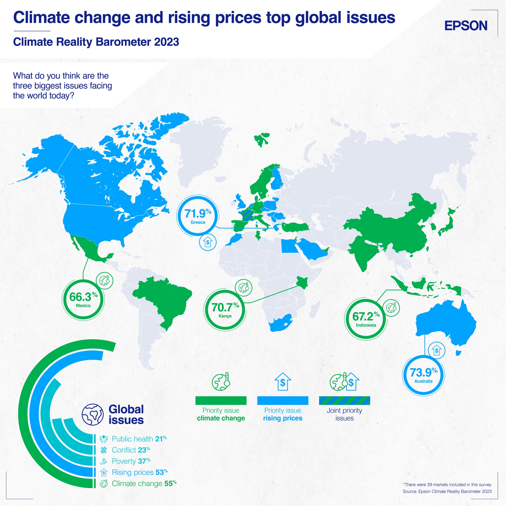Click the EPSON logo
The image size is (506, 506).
466,26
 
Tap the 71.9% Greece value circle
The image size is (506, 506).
198,216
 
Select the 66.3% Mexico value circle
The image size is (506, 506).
83,299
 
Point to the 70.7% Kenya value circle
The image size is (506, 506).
225,310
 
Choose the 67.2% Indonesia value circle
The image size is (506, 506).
366,319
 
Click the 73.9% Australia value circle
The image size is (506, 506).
423,375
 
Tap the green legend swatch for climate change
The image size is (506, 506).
221,400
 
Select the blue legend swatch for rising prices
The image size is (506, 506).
283,400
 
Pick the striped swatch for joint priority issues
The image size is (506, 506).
344,400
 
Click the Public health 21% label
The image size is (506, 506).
139,439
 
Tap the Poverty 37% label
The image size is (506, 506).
131,461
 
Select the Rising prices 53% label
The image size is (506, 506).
140,472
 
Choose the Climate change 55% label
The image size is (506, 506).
144,484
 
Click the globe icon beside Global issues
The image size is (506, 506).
93,415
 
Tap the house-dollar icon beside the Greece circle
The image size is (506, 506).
208,242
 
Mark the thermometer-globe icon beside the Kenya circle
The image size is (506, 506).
244,288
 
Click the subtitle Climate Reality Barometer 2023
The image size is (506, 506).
96,42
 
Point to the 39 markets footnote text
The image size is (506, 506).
447,484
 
